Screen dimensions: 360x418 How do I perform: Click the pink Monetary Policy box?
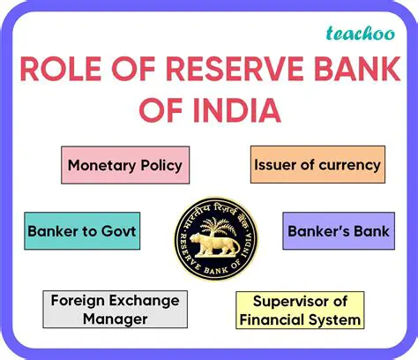[124, 164]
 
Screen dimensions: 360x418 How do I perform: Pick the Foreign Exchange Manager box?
[114, 309]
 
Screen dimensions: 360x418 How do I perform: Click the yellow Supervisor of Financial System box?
[301, 310]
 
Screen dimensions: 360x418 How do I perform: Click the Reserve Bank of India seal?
[209, 236]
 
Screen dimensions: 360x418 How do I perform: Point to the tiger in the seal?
[209, 240]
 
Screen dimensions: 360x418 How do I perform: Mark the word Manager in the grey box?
[114, 319]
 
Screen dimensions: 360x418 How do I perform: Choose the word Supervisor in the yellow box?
[292, 301]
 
